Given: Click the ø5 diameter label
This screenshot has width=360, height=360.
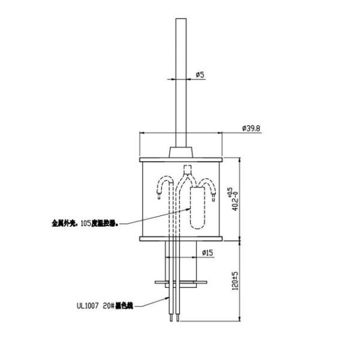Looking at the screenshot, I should [200, 75].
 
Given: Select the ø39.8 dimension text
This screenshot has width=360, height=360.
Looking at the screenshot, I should [251, 128].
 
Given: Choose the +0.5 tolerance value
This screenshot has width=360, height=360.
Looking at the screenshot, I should [229, 191].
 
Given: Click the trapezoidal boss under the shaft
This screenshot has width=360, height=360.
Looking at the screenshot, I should [182, 151].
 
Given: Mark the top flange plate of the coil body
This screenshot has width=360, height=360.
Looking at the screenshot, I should [182, 160].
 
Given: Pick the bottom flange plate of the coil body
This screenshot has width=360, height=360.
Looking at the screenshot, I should [182, 239].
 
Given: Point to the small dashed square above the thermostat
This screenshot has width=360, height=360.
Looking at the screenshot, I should [187, 169].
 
